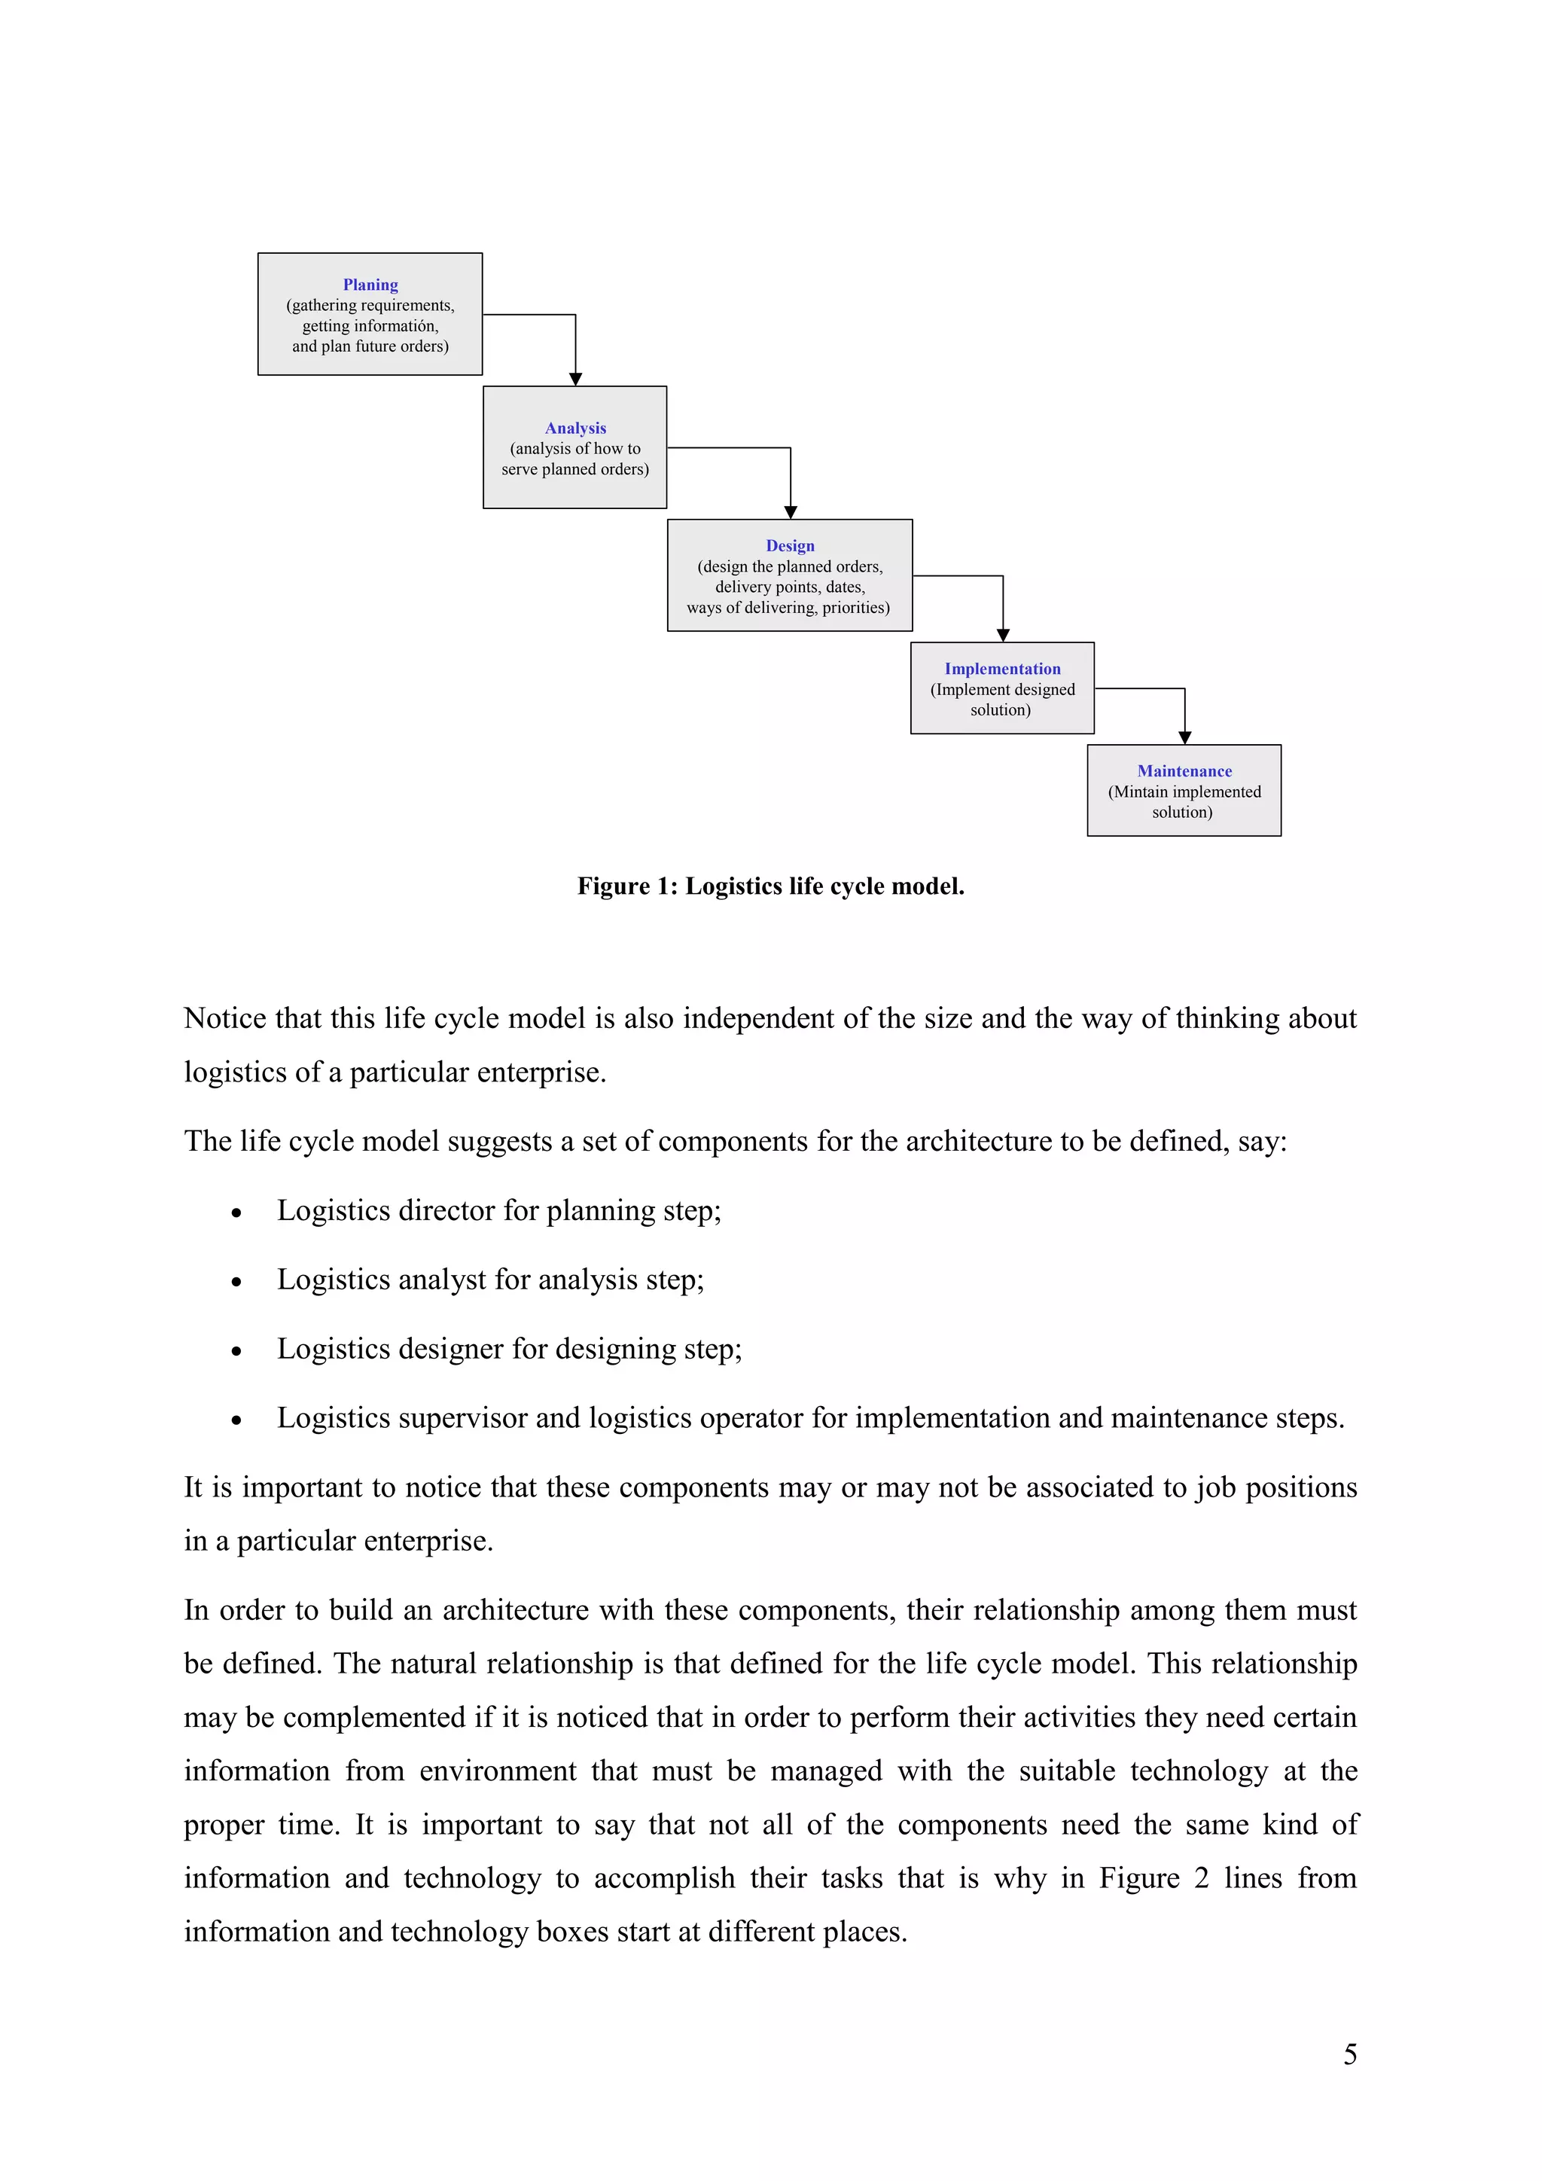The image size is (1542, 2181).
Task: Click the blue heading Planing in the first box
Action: tap(370, 285)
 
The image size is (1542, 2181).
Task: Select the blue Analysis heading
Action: tap(575, 429)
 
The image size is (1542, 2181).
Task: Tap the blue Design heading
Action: tap(790, 546)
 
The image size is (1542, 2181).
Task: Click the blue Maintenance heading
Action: tap(1184, 771)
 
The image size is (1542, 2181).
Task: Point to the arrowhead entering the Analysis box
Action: tap(575, 379)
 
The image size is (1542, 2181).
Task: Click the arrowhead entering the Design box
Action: tap(790, 512)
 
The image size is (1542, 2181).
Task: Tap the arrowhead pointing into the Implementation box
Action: tap(1003, 636)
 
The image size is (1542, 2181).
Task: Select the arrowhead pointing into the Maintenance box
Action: tap(1184, 738)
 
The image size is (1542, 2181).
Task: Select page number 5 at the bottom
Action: tap(1349, 2054)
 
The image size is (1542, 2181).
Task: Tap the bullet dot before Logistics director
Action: tap(236, 1213)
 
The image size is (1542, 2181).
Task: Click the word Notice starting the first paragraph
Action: tap(225, 1018)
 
